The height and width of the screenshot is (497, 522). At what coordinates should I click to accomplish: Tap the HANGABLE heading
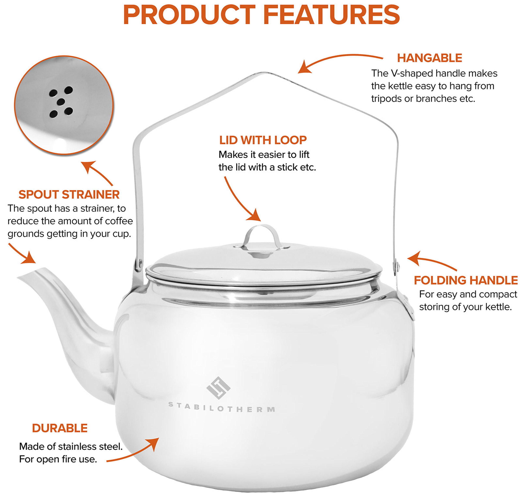pyautogui.click(x=429, y=58)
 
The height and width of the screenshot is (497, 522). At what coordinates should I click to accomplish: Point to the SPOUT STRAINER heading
pyautogui.click(x=69, y=194)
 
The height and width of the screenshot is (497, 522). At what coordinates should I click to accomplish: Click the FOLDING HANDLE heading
pyautogui.click(x=466, y=280)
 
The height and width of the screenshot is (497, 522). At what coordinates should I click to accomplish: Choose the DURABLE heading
pyautogui.click(x=60, y=428)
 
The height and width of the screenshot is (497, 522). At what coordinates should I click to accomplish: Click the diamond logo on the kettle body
pyautogui.click(x=218, y=388)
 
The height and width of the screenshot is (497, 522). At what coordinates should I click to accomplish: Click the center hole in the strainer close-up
pyautogui.click(x=61, y=102)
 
